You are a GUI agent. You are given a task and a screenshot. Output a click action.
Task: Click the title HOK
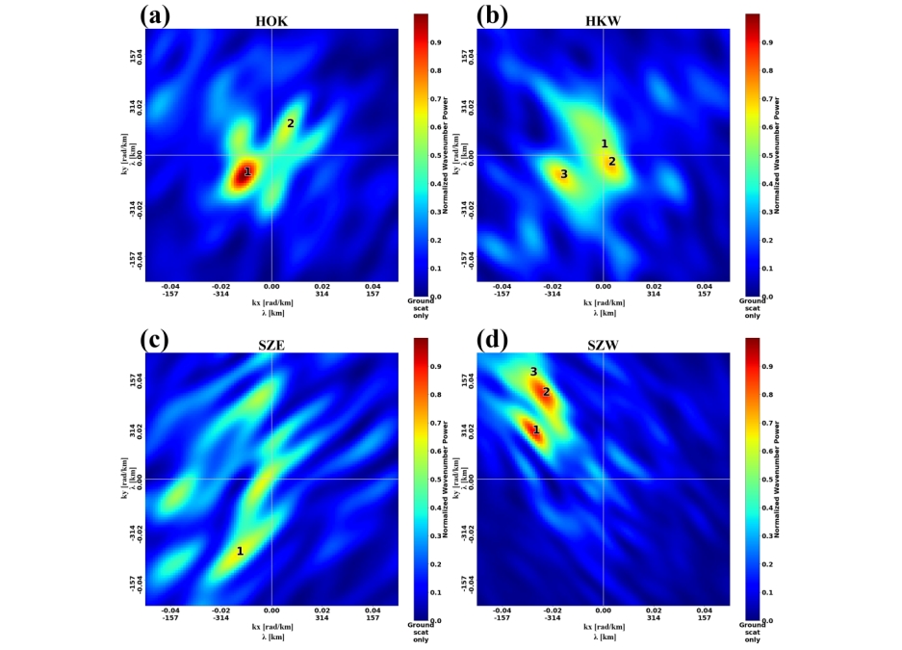pyautogui.click(x=271, y=20)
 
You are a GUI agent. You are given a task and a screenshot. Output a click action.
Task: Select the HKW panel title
pyautogui.click(x=603, y=20)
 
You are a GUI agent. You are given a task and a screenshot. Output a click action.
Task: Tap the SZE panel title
pyautogui.click(x=271, y=344)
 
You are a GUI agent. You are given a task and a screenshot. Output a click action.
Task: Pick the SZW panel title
pyautogui.click(x=603, y=344)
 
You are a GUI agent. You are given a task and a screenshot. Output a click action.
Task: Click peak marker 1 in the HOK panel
pyautogui.click(x=246, y=172)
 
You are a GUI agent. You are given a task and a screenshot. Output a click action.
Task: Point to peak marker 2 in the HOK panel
pyautogui.click(x=290, y=123)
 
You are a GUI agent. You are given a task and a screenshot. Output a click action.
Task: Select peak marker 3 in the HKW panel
pyautogui.click(x=564, y=174)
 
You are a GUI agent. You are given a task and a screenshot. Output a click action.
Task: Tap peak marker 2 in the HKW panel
pyautogui.click(x=611, y=161)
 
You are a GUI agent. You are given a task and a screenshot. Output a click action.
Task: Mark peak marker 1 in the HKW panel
pyautogui.click(x=605, y=143)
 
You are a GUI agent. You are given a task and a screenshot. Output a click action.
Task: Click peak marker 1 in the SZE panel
pyautogui.click(x=240, y=551)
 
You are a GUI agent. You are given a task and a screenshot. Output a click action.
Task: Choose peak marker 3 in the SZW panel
pyautogui.click(x=533, y=372)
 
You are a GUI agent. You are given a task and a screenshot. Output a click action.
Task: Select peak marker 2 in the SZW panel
pyautogui.click(x=546, y=392)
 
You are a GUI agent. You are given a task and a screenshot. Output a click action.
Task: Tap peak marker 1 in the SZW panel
pyautogui.click(x=536, y=429)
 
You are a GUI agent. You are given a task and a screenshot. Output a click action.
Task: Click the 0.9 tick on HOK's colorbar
pyautogui.click(x=435, y=42)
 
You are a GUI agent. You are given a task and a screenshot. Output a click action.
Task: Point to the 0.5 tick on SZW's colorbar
pyautogui.click(x=767, y=480)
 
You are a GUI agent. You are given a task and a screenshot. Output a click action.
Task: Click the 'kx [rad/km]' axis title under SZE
pyautogui.click(x=271, y=626)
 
